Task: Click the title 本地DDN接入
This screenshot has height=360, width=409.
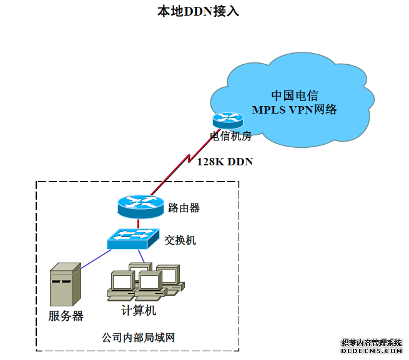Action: (198, 11)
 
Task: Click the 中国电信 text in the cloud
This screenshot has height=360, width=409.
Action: (294, 96)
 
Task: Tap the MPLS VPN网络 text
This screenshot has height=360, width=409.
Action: (294, 110)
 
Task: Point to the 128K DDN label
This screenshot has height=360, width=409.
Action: (225, 162)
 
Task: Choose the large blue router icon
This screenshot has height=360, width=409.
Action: (140, 207)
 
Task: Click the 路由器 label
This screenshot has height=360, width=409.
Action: (184, 208)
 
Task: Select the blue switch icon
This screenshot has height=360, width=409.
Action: (132, 238)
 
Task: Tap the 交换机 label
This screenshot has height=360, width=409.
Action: (180, 240)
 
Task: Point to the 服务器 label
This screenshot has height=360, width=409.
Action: (66, 316)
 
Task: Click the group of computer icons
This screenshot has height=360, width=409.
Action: (145, 283)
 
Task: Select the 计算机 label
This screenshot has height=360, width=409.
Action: (139, 310)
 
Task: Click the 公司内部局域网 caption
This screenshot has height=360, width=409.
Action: (138, 338)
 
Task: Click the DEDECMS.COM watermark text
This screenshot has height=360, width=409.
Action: (372, 351)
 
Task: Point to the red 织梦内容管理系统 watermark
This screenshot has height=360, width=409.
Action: (372, 343)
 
